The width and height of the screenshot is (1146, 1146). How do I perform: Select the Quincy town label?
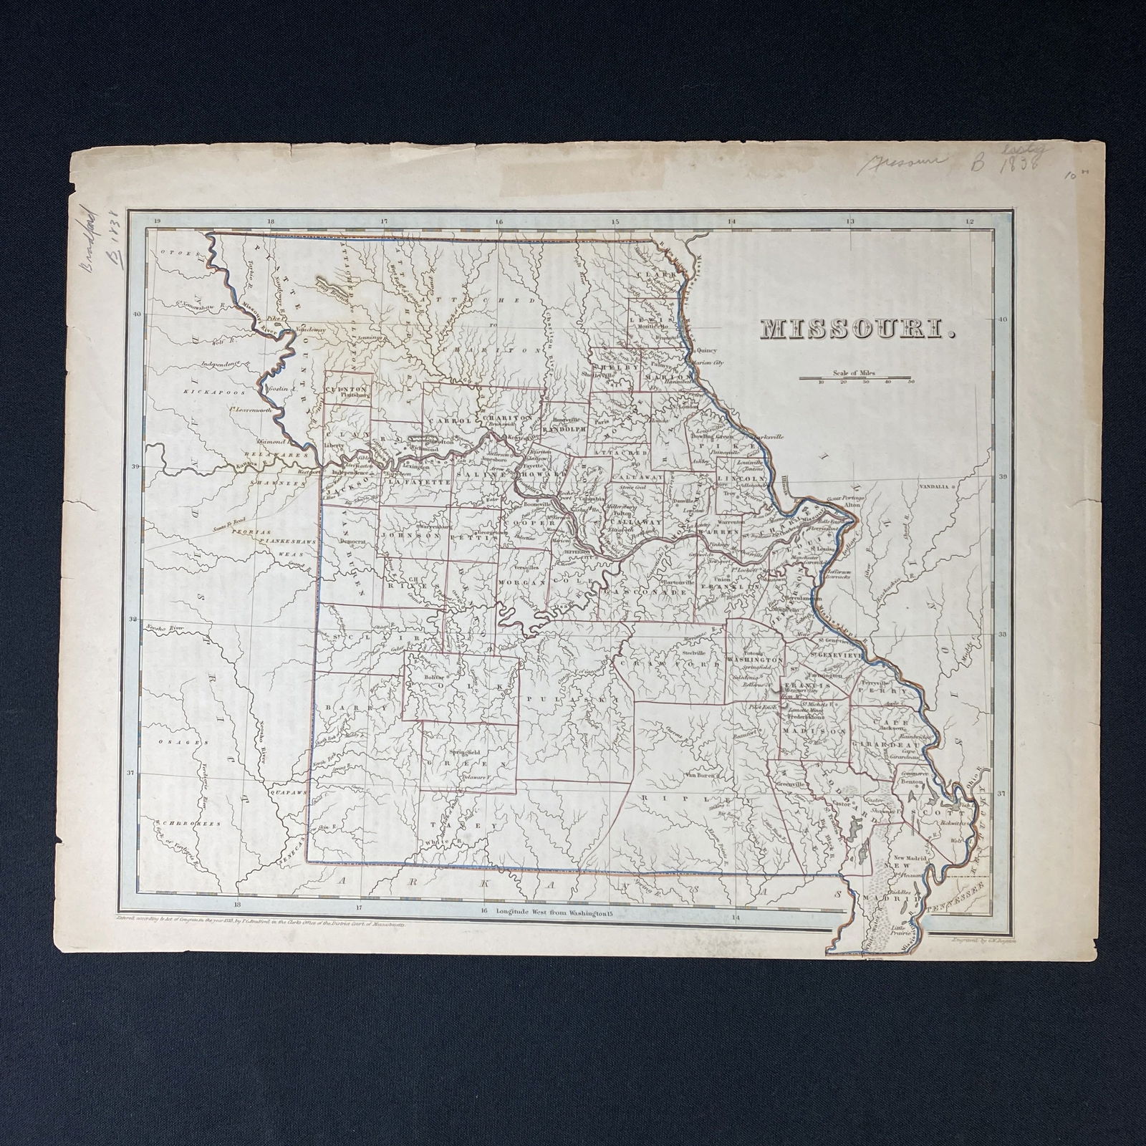pyautogui.click(x=706, y=351)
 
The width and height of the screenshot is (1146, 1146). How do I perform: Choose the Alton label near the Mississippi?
pyautogui.click(x=852, y=505)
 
